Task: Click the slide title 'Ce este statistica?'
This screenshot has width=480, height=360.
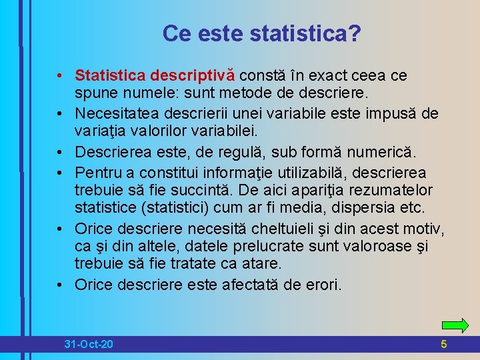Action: pos(262,34)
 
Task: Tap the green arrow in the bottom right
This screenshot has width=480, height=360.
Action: pos(455,325)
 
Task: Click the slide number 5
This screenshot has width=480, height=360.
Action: pos(444,345)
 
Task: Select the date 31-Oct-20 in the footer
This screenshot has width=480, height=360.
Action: pos(89,345)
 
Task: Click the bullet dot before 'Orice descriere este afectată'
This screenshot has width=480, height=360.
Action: pos(61,285)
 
